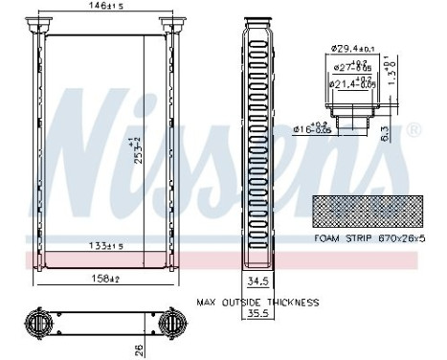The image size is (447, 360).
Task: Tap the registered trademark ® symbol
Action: (413, 128)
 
